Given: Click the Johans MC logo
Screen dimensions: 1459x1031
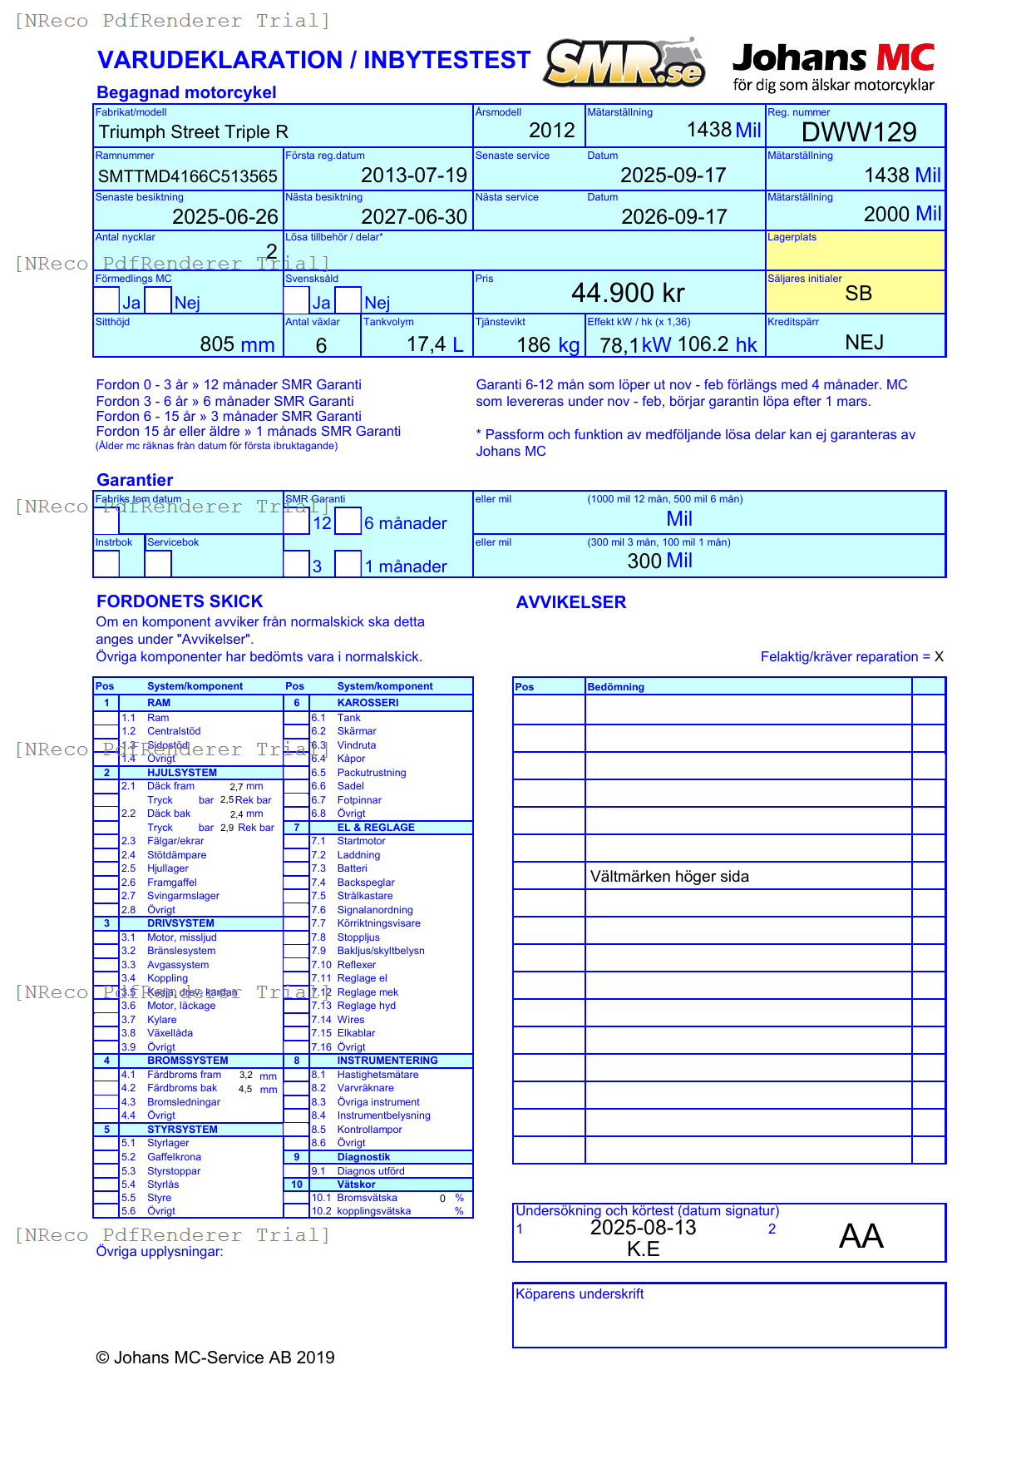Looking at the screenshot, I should (833, 67).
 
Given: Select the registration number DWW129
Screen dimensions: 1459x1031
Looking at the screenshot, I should (858, 131).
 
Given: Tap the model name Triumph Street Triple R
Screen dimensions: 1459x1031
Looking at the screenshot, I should (194, 132).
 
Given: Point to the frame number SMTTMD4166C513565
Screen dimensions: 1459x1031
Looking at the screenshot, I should (188, 176).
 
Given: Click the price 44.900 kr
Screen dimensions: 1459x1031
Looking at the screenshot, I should (628, 293).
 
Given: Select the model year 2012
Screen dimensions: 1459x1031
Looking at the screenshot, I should (551, 131).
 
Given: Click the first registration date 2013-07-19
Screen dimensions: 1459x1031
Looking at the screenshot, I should (414, 176).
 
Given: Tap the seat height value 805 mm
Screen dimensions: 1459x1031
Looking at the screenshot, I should (237, 344).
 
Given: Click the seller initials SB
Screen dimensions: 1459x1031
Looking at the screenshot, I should (858, 294).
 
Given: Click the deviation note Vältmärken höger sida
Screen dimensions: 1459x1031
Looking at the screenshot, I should (669, 877).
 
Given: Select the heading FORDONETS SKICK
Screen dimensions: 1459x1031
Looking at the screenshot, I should (180, 601).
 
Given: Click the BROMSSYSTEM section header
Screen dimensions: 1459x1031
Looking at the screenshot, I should (187, 1061).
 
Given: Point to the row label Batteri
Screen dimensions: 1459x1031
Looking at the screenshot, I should (352, 868).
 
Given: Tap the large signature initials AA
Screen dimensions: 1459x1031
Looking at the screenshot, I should (861, 1236).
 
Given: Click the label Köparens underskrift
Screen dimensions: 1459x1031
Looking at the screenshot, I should (580, 1294).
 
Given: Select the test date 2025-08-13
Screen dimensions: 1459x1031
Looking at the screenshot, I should (643, 1228).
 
